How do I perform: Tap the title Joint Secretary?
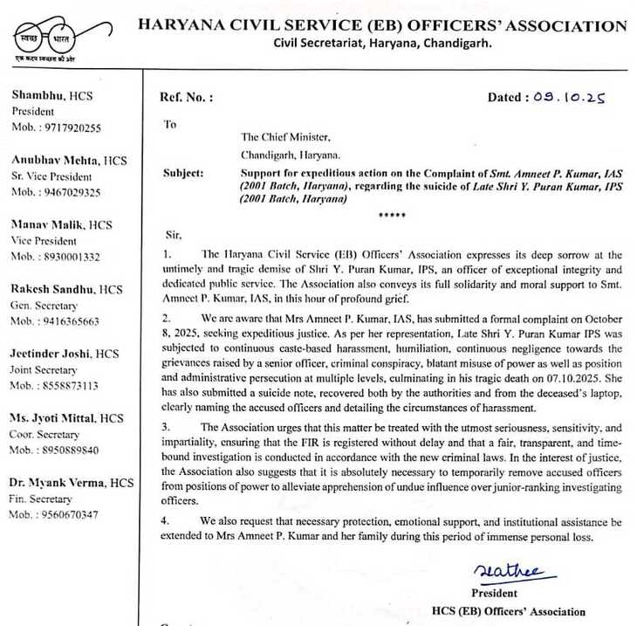coord(45,369)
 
